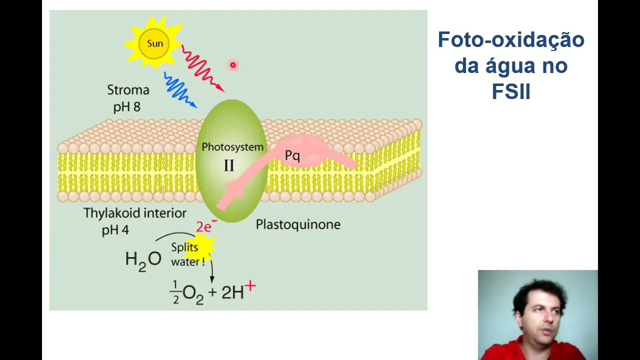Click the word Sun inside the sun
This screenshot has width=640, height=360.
click(154, 43)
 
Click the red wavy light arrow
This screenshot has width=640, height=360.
click(201, 69)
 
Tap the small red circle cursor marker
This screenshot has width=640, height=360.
click(232, 65)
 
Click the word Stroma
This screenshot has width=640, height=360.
click(128, 90)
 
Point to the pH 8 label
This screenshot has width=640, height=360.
click(127, 106)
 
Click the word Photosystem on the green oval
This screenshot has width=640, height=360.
click(232, 147)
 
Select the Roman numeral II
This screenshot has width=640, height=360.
click(229, 166)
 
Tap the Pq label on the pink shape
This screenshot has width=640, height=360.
click(292, 155)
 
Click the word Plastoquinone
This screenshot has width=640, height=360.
click(298, 224)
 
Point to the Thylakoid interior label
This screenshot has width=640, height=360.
click(135, 213)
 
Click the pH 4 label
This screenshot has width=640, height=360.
click(115, 230)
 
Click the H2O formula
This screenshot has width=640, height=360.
click(143, 259)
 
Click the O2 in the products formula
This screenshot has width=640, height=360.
click(192, 293)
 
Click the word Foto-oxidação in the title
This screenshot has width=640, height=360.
click(511, 39)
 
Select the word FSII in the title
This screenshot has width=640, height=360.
click(510, 91)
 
